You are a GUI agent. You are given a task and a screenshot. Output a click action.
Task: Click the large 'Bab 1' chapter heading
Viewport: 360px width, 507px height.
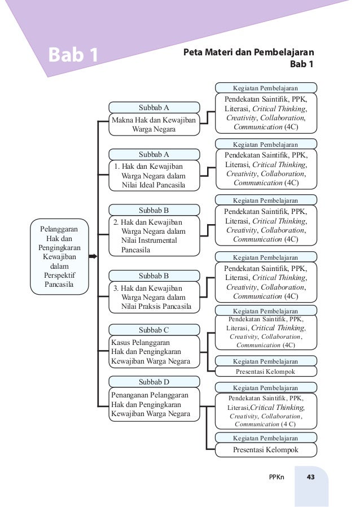73,55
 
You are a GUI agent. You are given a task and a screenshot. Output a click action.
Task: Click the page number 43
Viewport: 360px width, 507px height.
310,478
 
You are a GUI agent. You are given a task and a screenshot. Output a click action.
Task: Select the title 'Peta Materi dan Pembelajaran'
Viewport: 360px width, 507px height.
249,53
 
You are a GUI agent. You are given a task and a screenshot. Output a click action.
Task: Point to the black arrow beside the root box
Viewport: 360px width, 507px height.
93,257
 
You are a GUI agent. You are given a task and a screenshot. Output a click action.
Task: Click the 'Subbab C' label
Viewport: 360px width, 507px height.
153,330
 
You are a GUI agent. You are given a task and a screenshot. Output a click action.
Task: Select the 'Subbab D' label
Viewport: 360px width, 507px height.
153,381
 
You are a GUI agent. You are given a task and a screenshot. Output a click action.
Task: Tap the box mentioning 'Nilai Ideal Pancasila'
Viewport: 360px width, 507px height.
153,175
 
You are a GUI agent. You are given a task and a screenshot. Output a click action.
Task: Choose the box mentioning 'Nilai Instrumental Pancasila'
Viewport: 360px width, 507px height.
153,236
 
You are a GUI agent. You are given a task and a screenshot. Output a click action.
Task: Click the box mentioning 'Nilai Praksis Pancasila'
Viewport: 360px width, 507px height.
153,298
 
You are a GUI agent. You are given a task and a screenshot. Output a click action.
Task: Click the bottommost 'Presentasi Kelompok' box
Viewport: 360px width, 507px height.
265,450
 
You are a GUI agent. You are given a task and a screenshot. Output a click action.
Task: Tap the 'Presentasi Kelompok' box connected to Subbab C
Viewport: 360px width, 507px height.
265,371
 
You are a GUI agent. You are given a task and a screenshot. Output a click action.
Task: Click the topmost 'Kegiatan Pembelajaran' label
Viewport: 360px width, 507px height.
265,88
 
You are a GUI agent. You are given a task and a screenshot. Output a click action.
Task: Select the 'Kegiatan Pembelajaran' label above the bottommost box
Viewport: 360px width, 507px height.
265,438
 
